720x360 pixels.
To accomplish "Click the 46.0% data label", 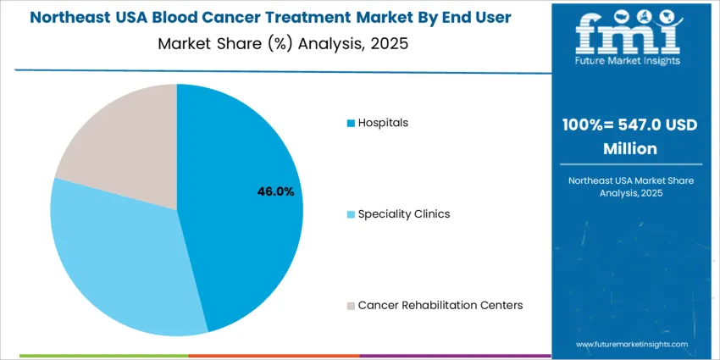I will (275, 191).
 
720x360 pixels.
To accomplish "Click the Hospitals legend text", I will (383, 123).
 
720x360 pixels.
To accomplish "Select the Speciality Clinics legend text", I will (403, 213).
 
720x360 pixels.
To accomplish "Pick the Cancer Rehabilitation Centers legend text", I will (440, 305).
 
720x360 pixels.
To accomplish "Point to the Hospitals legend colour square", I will (351, 124).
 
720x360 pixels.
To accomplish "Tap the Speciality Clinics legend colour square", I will (351, 214).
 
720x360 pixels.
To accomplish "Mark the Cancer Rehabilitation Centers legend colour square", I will (351, 305).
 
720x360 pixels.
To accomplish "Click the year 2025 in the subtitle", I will (390, 44).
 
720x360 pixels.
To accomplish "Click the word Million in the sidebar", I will (629, 148).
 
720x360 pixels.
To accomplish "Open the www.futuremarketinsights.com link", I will (631, 345).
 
